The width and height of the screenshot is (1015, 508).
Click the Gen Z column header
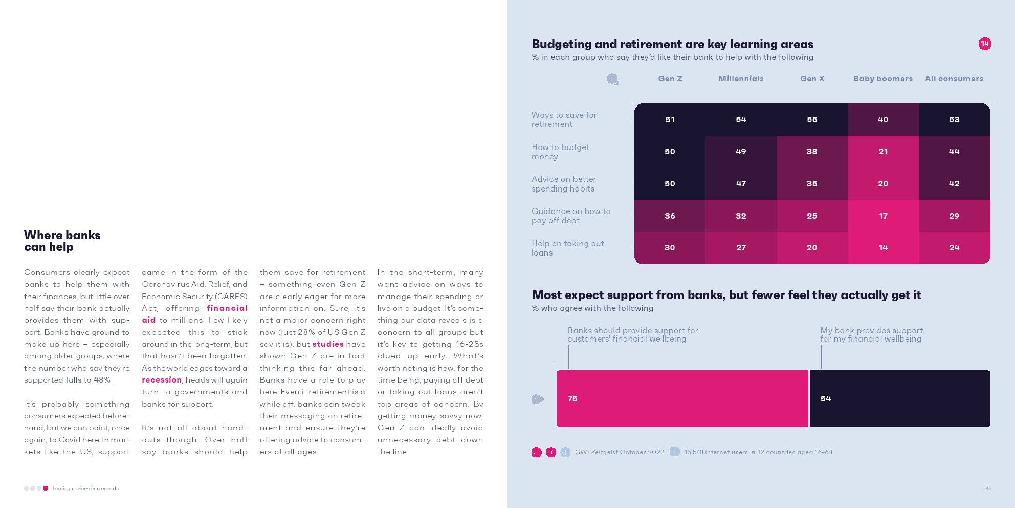point(670,79)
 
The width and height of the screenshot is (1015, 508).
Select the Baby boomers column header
point(882,79)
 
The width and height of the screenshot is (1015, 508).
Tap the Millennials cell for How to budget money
point(741,152)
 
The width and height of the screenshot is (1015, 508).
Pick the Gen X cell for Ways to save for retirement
point(812,120)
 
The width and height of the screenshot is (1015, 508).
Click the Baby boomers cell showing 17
point(883,216)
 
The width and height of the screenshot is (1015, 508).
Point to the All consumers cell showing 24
point(954,248)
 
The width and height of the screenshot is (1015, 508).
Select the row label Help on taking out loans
point(567,248)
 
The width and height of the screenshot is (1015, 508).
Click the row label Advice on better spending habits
point(563,184)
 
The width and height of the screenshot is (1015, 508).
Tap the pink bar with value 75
point(682,398)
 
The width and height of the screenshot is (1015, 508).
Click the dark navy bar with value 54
point(899,398)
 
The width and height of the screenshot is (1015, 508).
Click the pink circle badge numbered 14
point(984,44)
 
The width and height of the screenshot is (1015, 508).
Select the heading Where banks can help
point(62,241)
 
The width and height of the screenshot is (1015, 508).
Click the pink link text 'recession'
point(162,380)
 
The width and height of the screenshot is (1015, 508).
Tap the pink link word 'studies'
point(328,344)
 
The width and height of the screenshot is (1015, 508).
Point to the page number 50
point(987,488)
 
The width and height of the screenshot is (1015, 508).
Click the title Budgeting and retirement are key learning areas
point(672,44)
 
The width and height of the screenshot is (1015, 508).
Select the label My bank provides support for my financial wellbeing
point(871,334)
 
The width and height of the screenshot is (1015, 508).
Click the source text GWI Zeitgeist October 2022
point(619,452)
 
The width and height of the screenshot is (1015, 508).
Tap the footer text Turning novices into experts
point(85,488)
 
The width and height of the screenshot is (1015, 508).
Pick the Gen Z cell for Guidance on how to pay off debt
point(670,216)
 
